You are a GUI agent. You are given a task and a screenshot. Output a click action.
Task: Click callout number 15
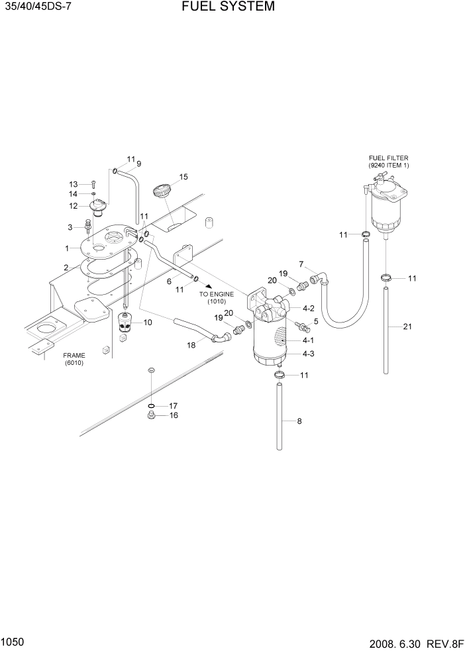click(x=183, y=177)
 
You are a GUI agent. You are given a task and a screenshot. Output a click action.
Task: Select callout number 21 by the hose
click(x=407, y=327)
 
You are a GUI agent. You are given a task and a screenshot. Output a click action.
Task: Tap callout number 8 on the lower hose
click(x=299, y=421)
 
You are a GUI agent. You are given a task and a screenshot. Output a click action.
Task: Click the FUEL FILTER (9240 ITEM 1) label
click(x=388, y=162)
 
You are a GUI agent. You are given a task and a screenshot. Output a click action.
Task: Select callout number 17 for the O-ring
click(x=173, y=405)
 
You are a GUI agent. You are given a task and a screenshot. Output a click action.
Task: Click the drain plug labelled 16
click(x=151, y=417)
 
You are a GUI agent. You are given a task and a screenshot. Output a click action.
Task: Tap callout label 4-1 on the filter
click(x=308, y=340)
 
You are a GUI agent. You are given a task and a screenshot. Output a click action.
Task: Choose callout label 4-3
click(x=308, y=354)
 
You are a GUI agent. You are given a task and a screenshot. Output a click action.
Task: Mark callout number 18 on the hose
click(x=191, y=345)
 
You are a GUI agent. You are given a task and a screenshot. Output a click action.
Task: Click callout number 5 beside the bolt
click(x=315, y=321)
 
